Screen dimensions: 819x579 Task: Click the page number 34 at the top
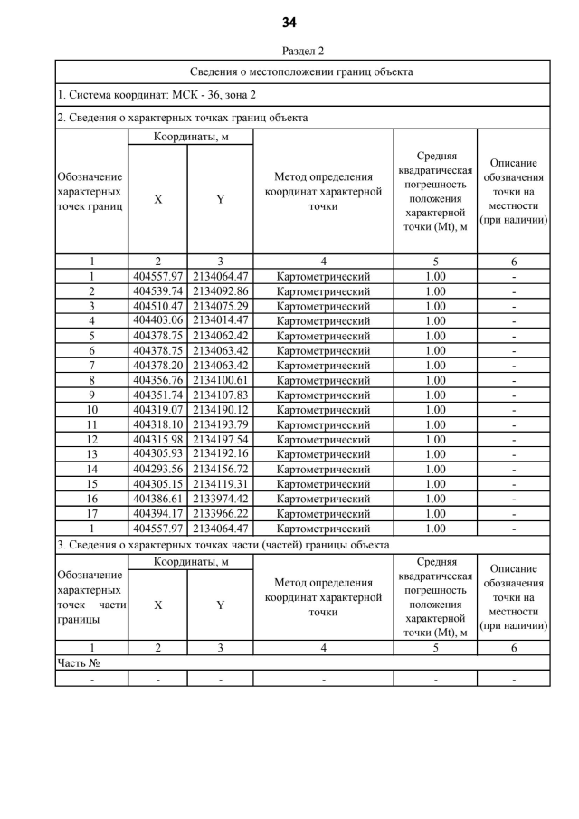click(x=289, y=23)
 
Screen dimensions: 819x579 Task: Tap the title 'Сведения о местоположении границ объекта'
click(x=302, y=71)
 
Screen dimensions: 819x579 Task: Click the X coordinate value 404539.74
click(x=157, y=291)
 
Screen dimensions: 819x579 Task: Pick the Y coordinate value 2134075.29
click(x=220, y=306)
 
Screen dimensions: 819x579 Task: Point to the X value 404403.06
click(x=157, y=320)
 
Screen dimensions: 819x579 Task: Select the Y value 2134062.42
click(x=220, y=336)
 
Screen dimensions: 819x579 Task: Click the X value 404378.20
click(x=157, y=365)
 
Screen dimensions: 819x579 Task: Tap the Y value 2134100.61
click(x=220, y=380)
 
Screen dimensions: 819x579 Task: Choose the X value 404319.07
click(x=157, y=409)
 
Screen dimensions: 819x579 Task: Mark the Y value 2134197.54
click(x=220, y=439)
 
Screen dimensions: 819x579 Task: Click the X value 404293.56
click(x=157, y=469)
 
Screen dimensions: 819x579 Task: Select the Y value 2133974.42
click(x=220, y=498)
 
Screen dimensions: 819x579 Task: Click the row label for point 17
click(x=91, y=513)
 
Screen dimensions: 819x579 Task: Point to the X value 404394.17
click(x=157, y=513)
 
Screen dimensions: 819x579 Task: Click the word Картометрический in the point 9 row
click(x=323, y=395)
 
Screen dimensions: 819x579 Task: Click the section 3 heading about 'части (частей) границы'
click(x=223, y=545)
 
